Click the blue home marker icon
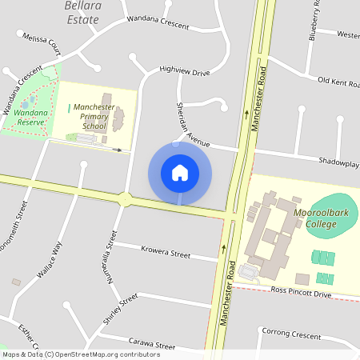[180, 172]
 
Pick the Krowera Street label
[166, 252]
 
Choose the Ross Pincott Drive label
[301, 294]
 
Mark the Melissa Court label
[42, 38]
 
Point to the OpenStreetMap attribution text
[80, 354]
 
